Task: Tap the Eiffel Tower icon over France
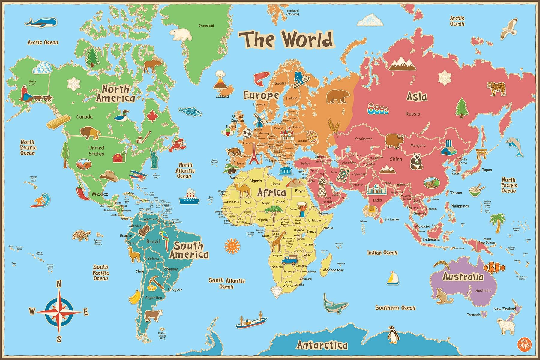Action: click(x=254, y=153)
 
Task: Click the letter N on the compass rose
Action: click(x=59, y=283)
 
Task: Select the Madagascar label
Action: click(x=333, y=270)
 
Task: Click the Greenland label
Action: click(x=206, y=25)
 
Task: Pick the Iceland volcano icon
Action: click(x=221, y=80)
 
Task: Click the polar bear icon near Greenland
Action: click(x=181, y=34)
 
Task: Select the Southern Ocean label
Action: click(x=395, y=307)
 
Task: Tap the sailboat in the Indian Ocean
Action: click(x=392, y=278)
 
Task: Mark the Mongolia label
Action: click(x=418, y=145)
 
